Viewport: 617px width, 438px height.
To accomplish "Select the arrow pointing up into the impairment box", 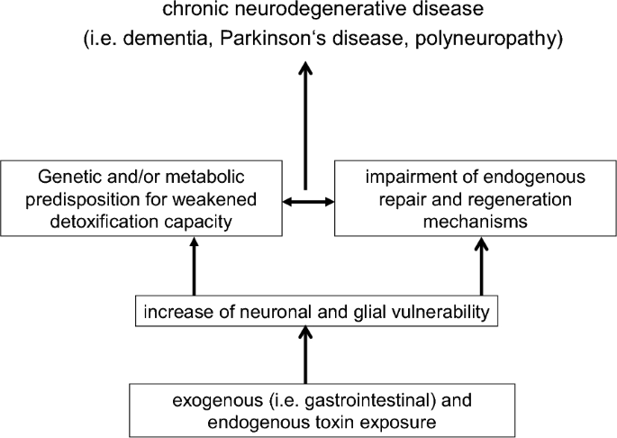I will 484,270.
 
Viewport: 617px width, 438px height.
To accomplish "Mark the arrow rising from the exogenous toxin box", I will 307,356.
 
